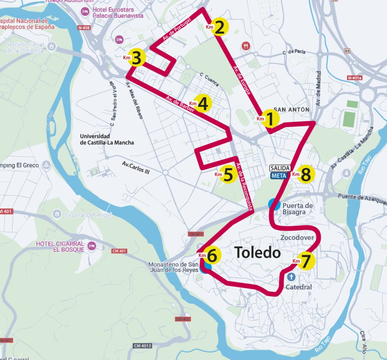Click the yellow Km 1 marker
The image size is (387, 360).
269,118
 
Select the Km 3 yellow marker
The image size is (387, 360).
137,58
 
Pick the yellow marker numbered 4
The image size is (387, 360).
202,103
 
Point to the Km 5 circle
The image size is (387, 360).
228,174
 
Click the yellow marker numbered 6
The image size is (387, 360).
212,256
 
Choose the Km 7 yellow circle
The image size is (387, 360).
306,261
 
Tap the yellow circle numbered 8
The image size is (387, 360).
305,174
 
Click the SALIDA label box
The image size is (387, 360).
280,168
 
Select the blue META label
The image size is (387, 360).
279,175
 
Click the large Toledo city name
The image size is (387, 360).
257,252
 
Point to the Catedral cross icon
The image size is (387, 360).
291,277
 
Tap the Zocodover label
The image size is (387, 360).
297,238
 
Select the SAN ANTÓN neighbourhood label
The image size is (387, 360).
291,109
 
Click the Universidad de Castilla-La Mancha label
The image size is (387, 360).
107,139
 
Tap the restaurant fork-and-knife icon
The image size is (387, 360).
246,46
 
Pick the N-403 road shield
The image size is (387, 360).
84,27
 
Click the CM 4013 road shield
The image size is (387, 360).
142,345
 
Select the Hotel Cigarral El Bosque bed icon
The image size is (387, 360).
91,246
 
